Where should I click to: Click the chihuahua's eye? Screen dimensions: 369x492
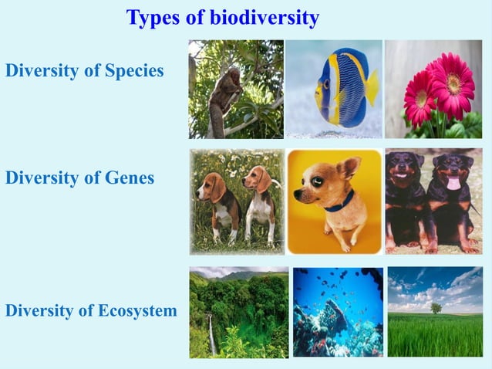pos(318,184)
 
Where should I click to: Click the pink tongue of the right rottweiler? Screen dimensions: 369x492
pos(453,182)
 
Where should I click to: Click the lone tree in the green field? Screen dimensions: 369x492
pos(436,307)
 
